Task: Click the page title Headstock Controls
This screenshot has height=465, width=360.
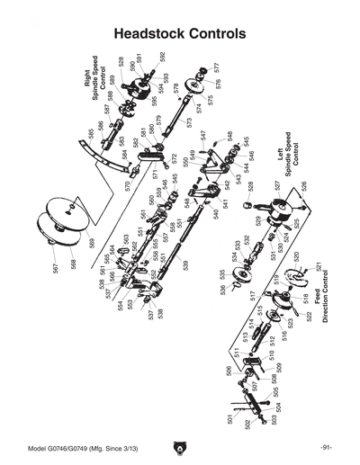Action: pyautogui.click(x=180, y=33)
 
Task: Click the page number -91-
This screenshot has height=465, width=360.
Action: pyautogui.click(x=325, y=448)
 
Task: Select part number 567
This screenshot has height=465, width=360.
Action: pyautogui.click(x=56, y=267)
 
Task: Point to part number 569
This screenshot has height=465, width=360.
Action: pyautogui.click(x=91, y=243)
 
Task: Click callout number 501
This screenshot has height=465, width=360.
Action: pyautogui.click(x=231, y=419)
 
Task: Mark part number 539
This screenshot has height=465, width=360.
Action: pyautogui.click(x=186, y=265)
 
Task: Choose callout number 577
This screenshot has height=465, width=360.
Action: pyautogui.click(x=217, y=67)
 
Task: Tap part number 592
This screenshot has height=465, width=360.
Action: pyautogui.click(x=164, y=56)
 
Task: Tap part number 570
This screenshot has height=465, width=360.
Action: pyautogui.click(x=128, y=186)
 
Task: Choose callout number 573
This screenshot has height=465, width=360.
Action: pyautogui.click(x=190, y=121)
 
